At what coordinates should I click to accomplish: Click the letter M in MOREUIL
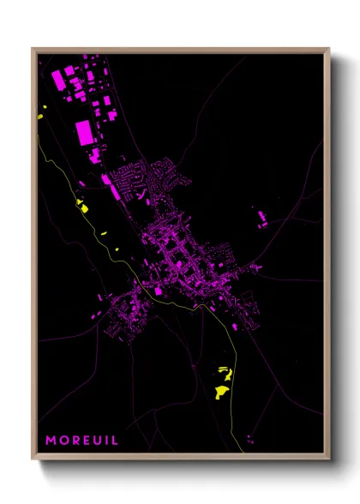coord(51,441)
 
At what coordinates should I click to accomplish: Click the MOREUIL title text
coord(81,441)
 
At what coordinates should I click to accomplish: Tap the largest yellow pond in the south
coord(221,391)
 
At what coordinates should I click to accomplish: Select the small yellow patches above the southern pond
coord(225,370)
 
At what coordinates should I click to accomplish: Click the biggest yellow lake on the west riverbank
coord(83,205)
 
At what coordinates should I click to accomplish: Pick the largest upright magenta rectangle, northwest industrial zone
coord(85,133)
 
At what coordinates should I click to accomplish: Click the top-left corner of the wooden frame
coord(33,49)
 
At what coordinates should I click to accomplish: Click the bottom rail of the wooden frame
coord(180,458)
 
